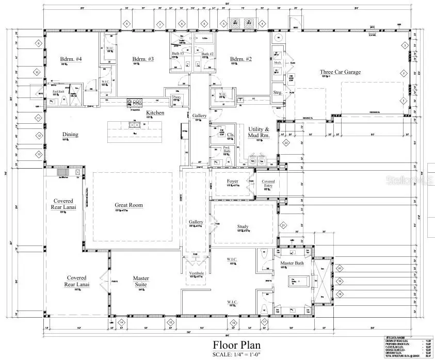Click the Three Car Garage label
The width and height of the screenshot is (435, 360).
point(340,72)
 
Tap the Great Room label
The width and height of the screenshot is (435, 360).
point(128,205)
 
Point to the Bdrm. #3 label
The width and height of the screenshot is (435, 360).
point(143,59)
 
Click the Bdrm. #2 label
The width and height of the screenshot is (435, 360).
point(240,59)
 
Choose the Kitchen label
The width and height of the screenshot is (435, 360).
point(155,112)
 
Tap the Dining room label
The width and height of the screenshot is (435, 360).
point(71,135)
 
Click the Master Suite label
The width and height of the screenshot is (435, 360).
point(141,281)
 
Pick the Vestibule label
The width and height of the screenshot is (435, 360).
point(197,273)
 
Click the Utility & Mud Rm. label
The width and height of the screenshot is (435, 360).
point(260,132)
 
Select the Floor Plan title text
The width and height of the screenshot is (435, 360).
point(236,345)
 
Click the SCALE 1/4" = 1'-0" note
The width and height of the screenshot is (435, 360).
point(236,354)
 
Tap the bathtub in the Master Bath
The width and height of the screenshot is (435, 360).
point(299,281)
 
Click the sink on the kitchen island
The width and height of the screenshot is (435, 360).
point(135,124)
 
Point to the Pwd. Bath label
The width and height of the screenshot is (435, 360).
point(227,149)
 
